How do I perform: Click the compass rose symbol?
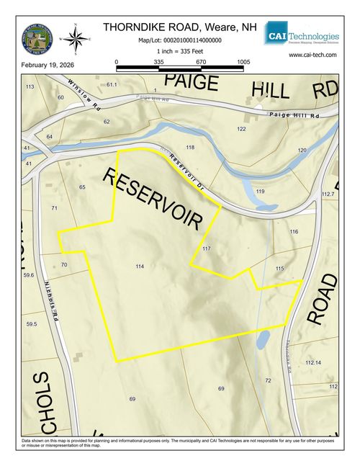tap(77, 35)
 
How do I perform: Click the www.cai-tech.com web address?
tap(312, 55)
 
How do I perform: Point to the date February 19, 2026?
tap(48, 66)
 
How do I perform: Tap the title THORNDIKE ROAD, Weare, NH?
tap(179, 27)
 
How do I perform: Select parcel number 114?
tap(140, 266)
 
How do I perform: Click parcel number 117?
tap(207, 248)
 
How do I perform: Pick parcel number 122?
tap(240, 128)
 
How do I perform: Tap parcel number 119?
tap(260, 192)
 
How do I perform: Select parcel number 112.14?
tap(313, 362)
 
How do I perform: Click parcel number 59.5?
tap(31, 325)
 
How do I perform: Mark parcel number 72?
tap(268, 380)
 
